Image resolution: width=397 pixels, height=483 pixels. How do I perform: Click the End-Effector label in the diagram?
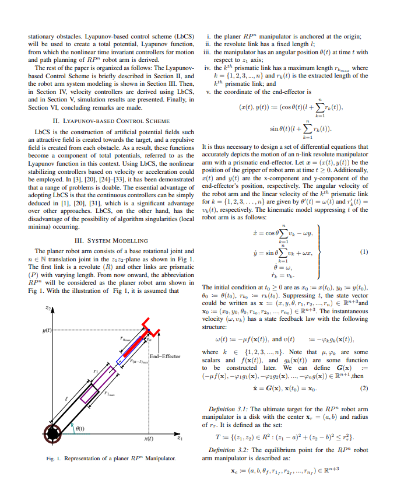(x=165, y=356)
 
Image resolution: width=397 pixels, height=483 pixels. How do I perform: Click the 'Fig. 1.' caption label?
(x=53, y=459)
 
